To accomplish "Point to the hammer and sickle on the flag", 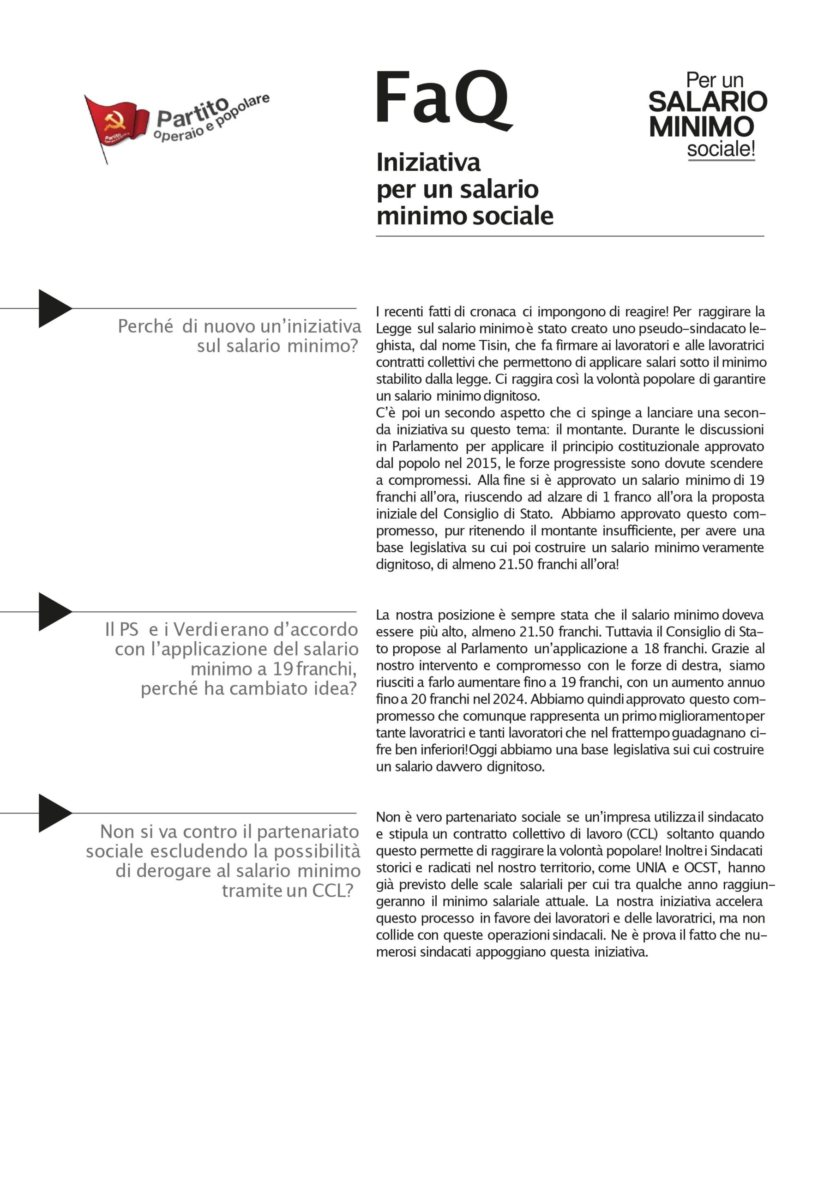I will (114, 121).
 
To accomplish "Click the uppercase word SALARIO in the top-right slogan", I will (707, 102).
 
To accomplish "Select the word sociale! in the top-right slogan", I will (721, 149).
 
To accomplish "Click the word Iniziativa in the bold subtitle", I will (428, 163).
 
